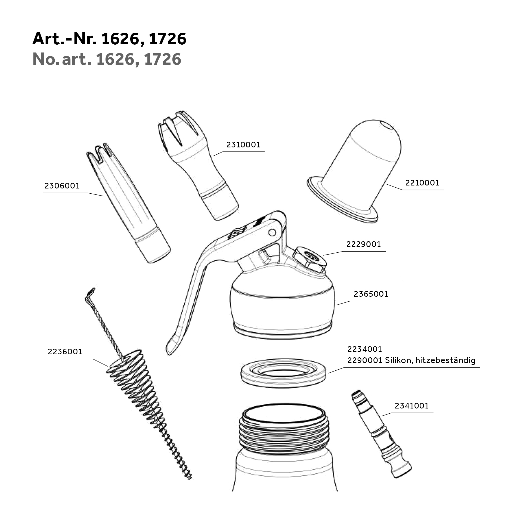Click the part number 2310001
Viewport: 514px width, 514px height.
point(243,145)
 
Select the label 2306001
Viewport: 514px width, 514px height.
point(62,186)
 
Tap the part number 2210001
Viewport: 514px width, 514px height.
point(422,182)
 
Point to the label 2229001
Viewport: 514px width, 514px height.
point(363,244)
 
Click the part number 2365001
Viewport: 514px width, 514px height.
point(371,294)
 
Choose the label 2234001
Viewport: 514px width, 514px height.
point(364,349)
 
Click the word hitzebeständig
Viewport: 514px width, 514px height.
point(445,361)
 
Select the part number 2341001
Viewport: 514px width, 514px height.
point(411,406)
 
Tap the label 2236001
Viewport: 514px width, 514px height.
point(65,352)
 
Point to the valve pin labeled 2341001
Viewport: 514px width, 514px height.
point(381,434)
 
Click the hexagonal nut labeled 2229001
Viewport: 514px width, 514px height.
point(310,260)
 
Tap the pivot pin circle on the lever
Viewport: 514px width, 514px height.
point(272,232)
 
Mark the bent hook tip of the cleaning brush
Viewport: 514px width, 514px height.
point(91,293)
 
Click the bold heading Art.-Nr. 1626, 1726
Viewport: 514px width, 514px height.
point(109,39)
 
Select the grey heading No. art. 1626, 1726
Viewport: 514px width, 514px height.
point(107,59)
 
